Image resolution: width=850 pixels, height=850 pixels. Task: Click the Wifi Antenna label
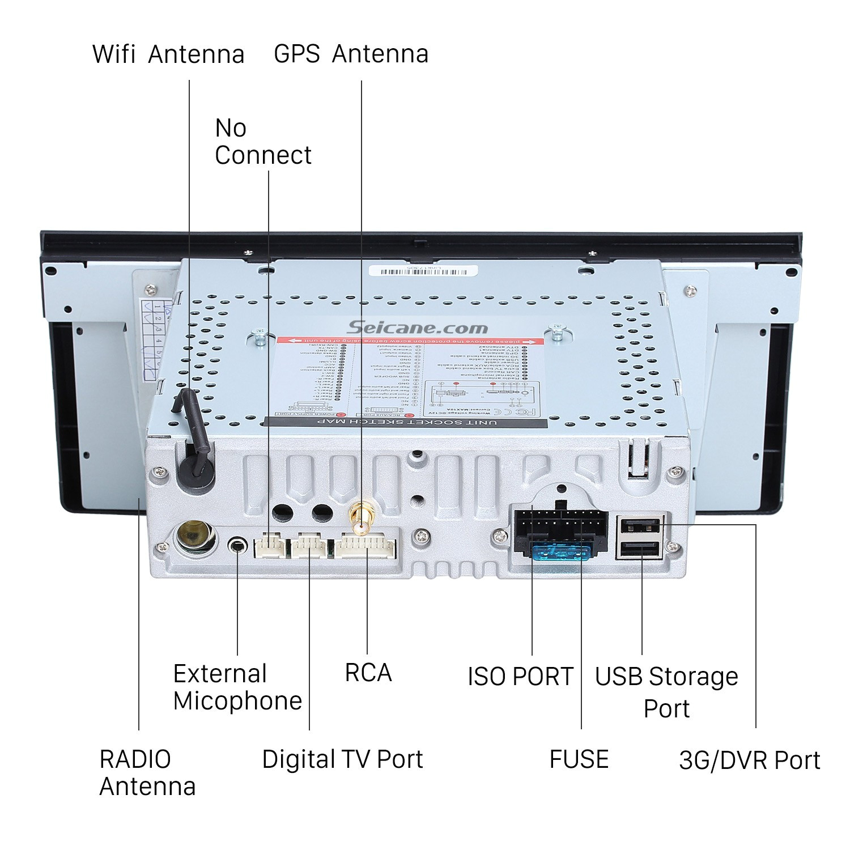click(168, 54)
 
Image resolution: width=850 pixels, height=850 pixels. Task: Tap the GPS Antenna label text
click(351, 54)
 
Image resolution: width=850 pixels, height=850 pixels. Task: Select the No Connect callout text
click(263, 142)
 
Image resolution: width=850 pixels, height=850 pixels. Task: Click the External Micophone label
click(237, 687)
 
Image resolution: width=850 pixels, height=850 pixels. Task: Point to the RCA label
click(368, 673)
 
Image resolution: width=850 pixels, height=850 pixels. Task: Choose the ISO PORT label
click(520, 676)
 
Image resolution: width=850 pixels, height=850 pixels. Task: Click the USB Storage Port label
click(666, 692)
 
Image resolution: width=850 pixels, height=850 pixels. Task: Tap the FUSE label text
click(579, 759)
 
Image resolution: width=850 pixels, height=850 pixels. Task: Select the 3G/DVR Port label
click(749, 760)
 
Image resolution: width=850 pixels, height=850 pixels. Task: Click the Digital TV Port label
click(342, 759)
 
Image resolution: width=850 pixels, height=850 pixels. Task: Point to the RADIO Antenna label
click(147, 772)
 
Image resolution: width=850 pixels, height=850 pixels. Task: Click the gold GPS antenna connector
click(360, 518)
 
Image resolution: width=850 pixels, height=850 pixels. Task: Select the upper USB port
click(641, 526)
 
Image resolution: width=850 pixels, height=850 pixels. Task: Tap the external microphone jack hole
click(238, 546)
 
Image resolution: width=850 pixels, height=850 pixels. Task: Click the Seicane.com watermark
click(417, 327)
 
